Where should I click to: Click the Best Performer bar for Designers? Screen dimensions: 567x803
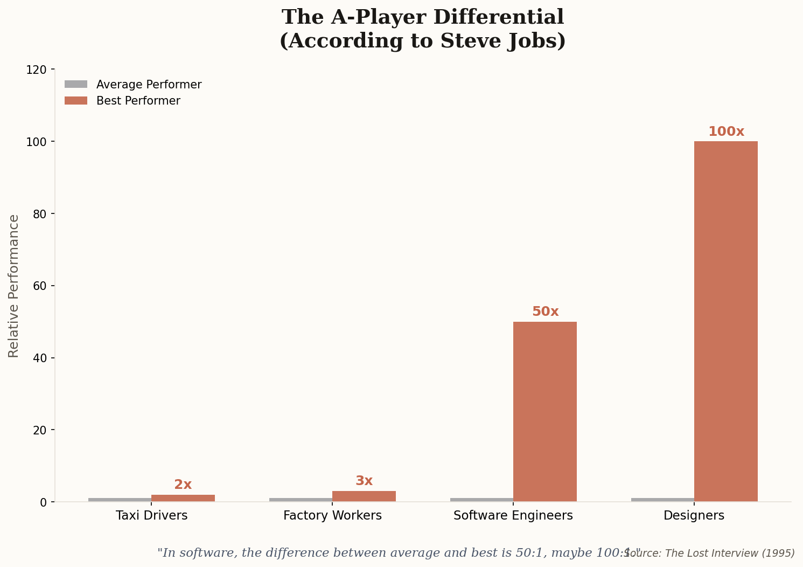(x=725, y=321)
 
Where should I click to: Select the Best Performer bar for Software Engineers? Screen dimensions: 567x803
(x=544, y=411)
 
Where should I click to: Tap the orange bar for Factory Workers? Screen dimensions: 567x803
(x=364, y=496)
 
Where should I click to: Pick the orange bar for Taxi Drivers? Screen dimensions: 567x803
(x=183, y=498)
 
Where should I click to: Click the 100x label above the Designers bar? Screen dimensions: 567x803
(x=725, y=132)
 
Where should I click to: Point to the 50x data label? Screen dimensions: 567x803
(x=545, y=312)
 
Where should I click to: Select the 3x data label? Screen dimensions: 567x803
(x=364, y=481)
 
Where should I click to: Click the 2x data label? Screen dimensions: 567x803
(x=183, y=485)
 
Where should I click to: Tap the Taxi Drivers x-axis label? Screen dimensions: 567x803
(x=151, y=516)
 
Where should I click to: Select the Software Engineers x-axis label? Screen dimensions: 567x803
(x=513, y=516)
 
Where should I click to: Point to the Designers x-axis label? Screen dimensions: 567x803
(x=694, y=516)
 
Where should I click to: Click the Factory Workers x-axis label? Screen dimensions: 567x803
(x=332, y=516)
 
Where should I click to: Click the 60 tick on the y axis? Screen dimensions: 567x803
(x=39, y=286)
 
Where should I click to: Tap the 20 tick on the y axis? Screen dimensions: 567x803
(x=39, y=430)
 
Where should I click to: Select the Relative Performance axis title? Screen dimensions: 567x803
(x=14, y=286)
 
